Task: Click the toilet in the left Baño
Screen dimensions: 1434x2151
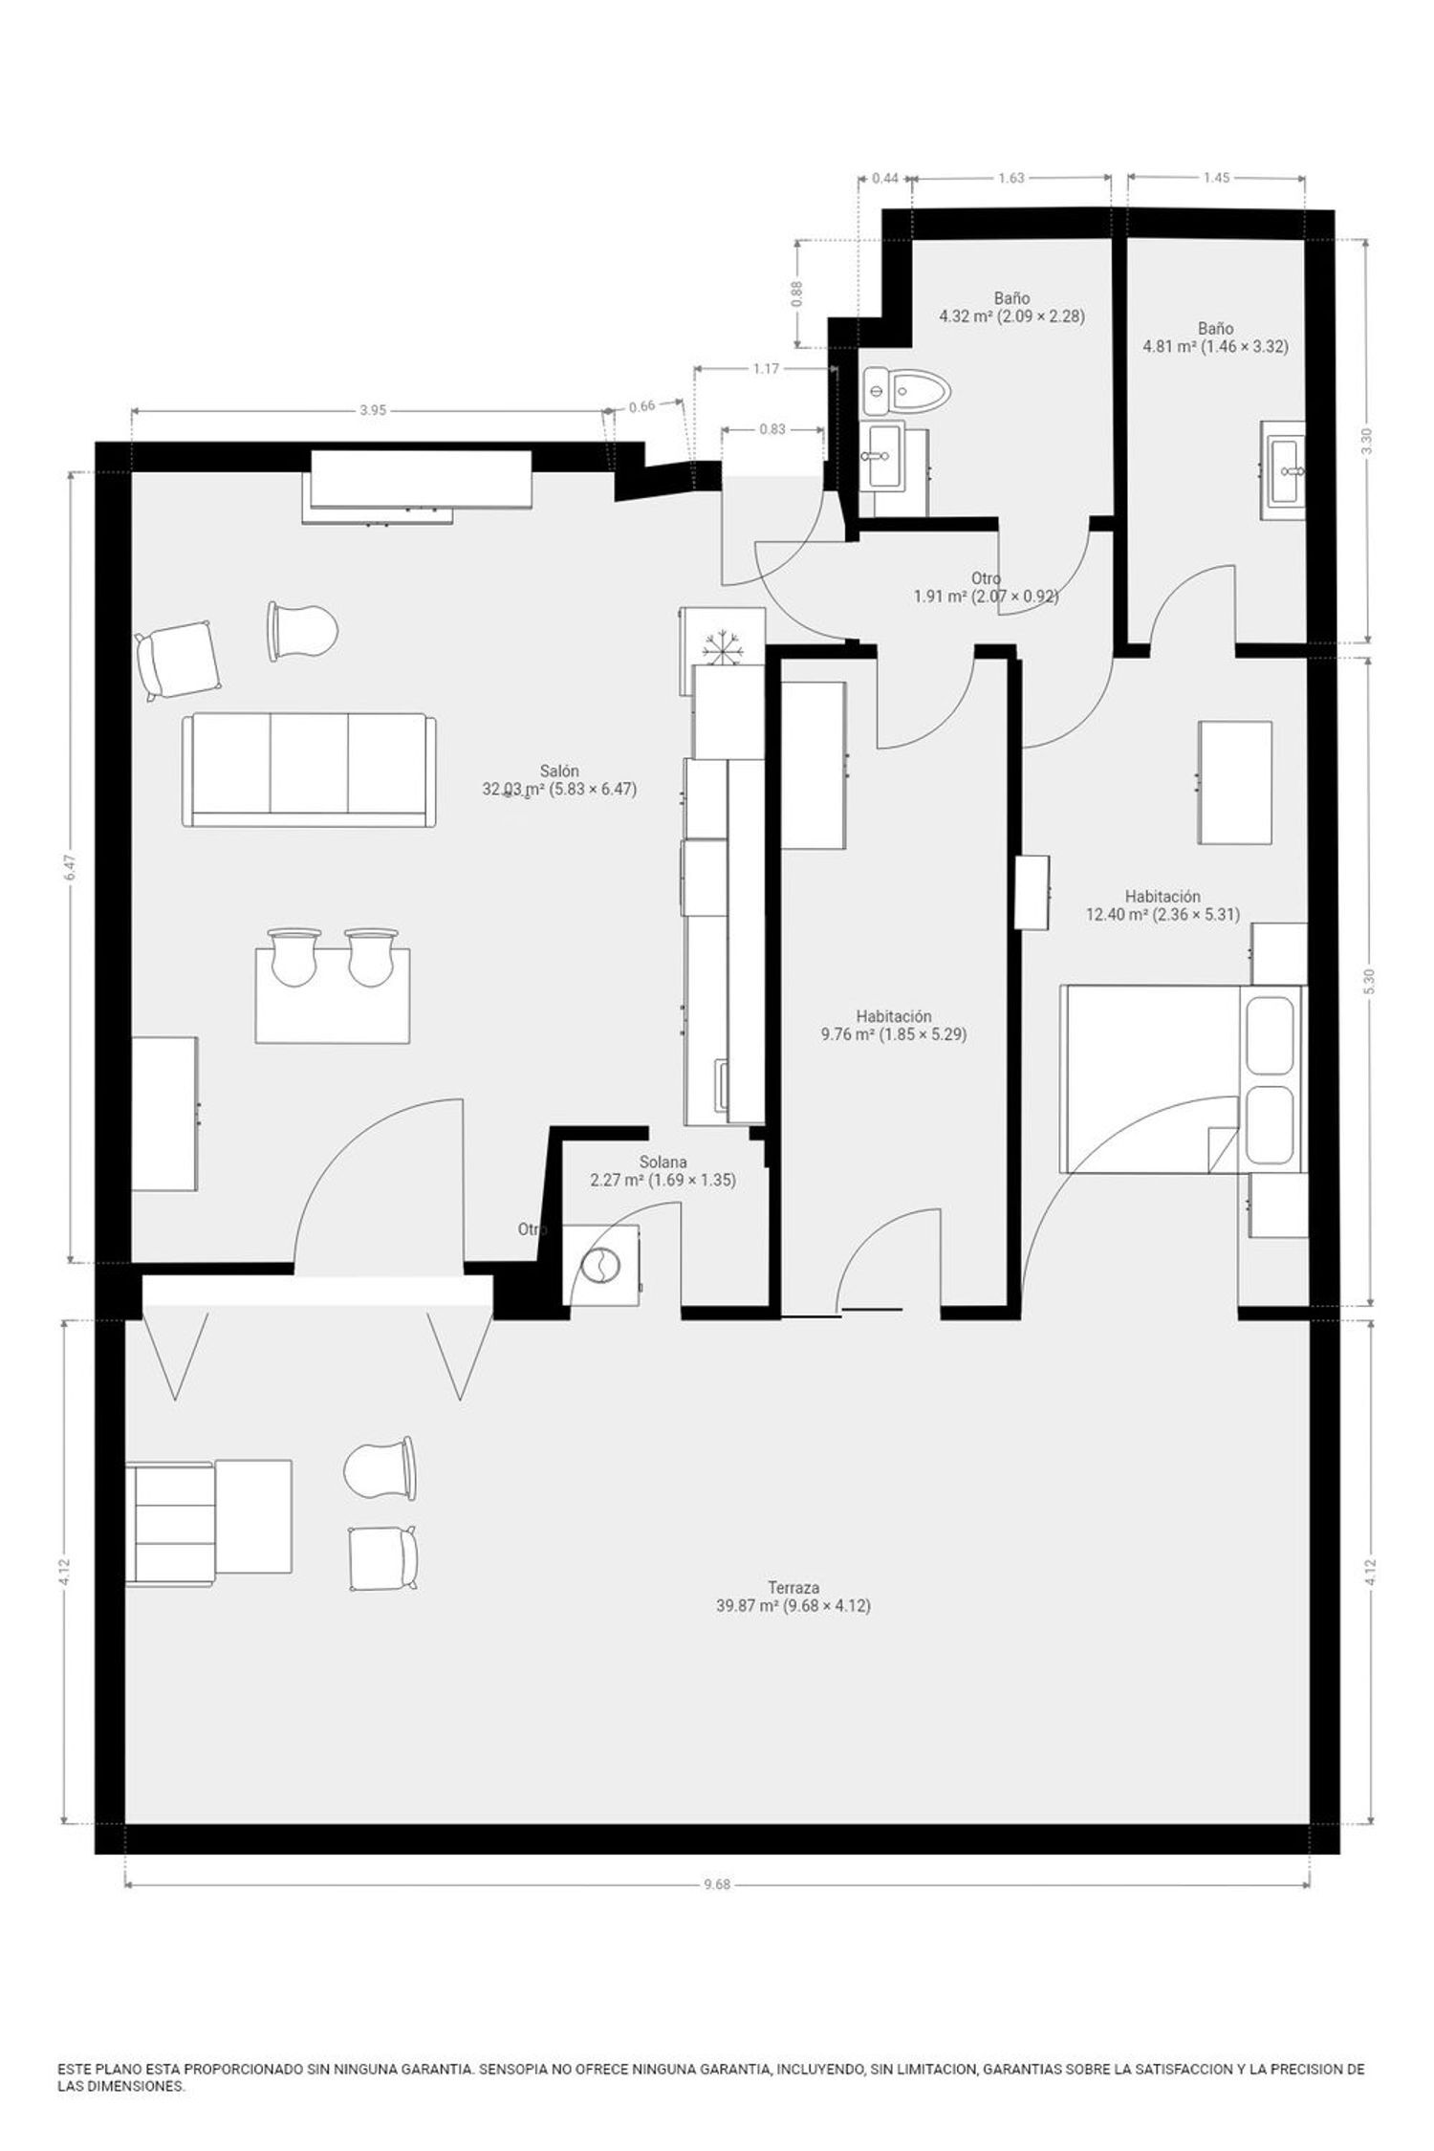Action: coord(905,390)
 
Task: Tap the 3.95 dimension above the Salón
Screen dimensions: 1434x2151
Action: coord(373,410)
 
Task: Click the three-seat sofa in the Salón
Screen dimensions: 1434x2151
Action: coord(309,770)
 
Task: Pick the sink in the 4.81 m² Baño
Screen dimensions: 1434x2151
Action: coord(1283,470)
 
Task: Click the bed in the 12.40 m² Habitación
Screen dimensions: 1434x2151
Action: coord(1181,1079)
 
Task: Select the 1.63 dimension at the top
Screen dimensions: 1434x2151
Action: coord(1011,177)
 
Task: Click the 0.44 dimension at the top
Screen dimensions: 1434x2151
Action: coord(885,177)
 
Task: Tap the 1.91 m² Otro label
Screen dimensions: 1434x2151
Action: coord(987,587)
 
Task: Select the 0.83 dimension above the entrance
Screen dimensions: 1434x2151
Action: coord(772,429)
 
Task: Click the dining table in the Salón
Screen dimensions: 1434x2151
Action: coord(333,995)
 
